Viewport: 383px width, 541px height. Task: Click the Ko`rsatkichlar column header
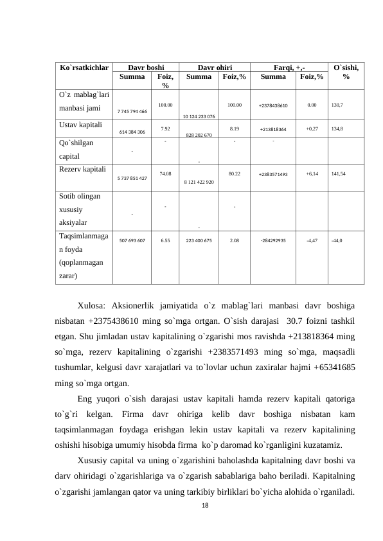coord(84,67)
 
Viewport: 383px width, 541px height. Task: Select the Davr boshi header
coord(146,67)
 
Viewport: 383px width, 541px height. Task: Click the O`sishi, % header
coord(346,72)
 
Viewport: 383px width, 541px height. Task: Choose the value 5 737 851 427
coord(132,177)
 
